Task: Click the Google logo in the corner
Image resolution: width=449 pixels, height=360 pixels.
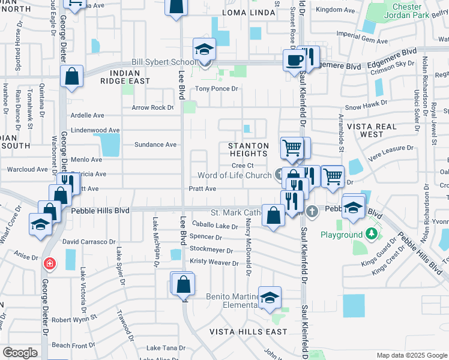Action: (x=20, y=353)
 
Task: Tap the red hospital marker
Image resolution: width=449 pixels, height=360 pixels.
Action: (x=49, y=263)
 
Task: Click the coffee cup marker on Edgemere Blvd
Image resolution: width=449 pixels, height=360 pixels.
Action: (x=294, y=60)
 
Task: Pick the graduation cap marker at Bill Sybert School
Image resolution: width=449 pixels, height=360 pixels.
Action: (x=204, y=50)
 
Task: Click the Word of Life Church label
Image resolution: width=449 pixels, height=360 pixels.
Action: (x=235, y=175)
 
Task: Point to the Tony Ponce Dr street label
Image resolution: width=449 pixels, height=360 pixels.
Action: (x=217, y=89)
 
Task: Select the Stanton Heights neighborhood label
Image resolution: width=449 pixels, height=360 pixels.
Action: (x=248, y=149)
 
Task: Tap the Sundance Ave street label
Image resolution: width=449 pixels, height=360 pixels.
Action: (x=155, y=145)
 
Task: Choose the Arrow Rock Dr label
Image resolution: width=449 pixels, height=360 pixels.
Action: (x=152, y=108)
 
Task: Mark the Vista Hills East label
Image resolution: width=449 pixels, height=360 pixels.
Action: (x=241, y=332)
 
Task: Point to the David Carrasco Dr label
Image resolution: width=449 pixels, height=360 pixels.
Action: (x=89, y=241)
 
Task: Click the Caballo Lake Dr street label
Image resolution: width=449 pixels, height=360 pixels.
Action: (x=214, y=226)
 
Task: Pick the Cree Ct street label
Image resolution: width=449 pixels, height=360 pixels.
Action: (x=243, y=166)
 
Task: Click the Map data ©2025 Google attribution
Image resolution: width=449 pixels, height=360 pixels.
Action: (x=411, y=355)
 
